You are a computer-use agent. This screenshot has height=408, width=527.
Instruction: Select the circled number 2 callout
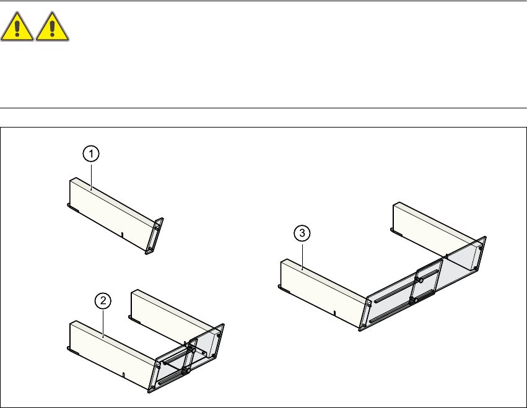[103, 301]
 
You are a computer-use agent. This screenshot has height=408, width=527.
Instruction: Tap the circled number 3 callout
[302, 233]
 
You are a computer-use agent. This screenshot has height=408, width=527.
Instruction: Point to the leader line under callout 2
[103, 321]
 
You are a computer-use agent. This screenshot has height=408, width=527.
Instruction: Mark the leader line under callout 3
[302, 255]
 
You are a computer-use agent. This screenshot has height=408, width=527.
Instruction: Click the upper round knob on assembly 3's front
[420, 280]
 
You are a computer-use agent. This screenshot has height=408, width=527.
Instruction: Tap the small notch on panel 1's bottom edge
[123, 234]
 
